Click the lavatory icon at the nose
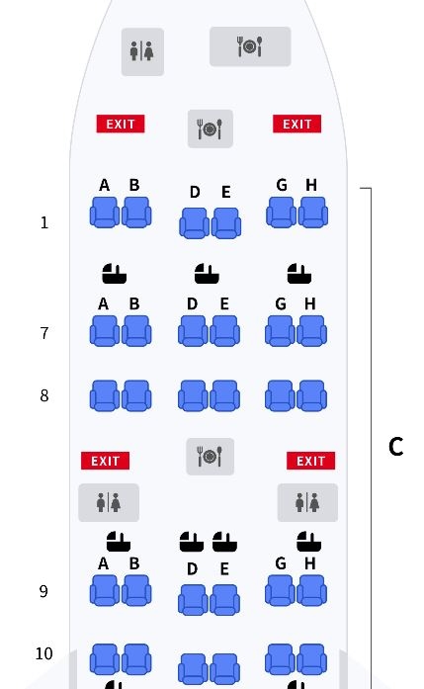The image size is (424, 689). coord(142,51)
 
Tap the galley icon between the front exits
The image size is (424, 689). coord(210,129)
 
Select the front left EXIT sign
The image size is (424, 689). coord(121,124)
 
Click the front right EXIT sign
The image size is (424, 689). coord(297,124)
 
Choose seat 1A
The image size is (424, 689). coord(105,213)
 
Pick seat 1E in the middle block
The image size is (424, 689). coord(226,223)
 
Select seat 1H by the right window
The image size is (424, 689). coord(313,213)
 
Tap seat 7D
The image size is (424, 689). coord(193,331)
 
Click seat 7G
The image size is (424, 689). coord(280,331)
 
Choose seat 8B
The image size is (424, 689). coord(136,396)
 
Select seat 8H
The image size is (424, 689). coord(312,396)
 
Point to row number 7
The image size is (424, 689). coord(44,333)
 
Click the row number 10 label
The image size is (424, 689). coord(43,653)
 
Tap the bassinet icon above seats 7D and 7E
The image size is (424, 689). coord(207,273)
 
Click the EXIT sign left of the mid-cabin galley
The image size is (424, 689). coord(105,461)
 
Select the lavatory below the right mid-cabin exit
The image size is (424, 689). coord(307,503)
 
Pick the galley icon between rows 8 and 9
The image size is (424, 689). coord(210,457)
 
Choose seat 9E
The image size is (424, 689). coord(225,600)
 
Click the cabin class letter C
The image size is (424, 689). coord(396,447)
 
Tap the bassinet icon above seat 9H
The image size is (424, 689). coord(309,542)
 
